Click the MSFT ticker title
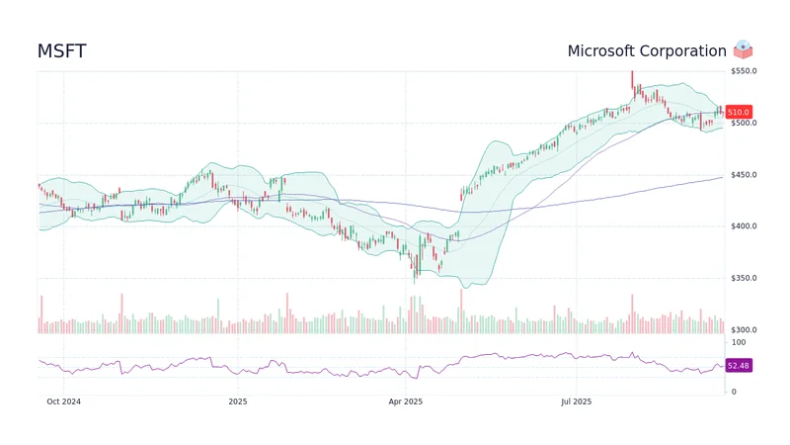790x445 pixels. (62, 50)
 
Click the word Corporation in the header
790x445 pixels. (687, 50)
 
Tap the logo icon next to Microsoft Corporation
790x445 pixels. (744, 49)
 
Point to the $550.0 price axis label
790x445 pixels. (744, 71)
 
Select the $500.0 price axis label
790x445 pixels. (744, 123)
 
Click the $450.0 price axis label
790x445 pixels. (744, 175)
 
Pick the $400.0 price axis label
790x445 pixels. (744, 226)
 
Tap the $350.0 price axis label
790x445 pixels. (744, 278)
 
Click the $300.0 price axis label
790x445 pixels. (744, 329)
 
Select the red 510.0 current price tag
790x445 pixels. (739, 113)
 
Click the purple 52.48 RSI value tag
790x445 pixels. (739, 366)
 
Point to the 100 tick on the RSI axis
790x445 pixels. (738, 341)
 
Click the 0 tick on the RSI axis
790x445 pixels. (733, 392)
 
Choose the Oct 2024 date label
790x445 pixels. (65, 401)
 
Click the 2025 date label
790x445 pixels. (237, 401)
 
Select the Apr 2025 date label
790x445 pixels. (405, 401)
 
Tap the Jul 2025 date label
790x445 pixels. (575, 401)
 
